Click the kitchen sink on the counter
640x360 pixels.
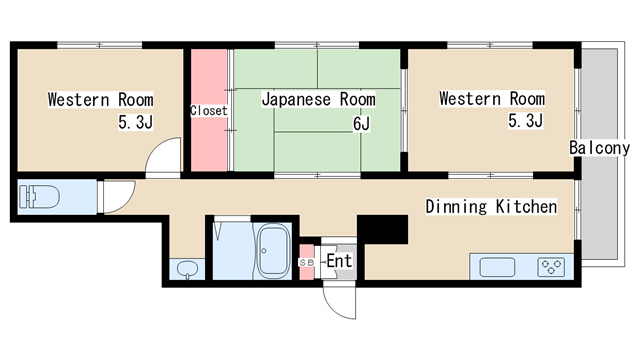tap(497, 267)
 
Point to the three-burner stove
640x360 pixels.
tap(551, 267)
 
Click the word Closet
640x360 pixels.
tap(209, 110)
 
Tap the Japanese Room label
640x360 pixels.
tap(318, 99)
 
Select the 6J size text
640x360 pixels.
tap(361, 124)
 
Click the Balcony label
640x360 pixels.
tap(600, 148)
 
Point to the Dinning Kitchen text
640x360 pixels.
tap(491, 207)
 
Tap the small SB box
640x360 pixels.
tap(307, 262)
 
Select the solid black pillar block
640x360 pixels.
tap(384, 229)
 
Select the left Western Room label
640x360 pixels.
tap(100, 99)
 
